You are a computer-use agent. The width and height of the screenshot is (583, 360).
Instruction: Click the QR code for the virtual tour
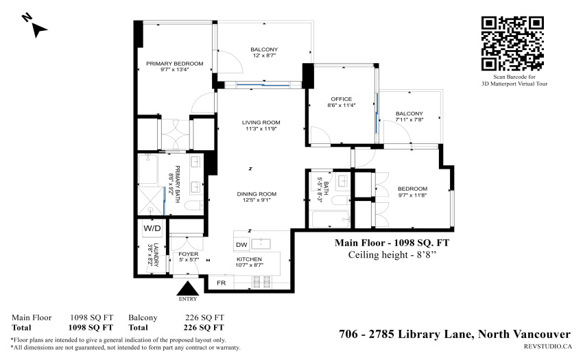click(x=512, y=43)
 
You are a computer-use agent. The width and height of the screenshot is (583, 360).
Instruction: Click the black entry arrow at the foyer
click(x=188, y=288)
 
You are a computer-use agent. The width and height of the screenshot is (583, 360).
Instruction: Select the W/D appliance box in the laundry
click(x=152, y=228)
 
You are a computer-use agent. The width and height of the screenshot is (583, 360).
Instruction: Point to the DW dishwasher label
click(x=241, y=245)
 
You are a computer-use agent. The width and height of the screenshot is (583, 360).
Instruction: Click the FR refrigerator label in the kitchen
click(x=222, y=283)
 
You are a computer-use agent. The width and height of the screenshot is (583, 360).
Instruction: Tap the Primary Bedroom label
click(x=175, y=64)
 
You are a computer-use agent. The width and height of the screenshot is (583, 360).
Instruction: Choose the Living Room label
click(x=261, y=122)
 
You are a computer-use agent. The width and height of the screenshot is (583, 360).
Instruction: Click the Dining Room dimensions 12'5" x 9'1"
click(x=257, y=200)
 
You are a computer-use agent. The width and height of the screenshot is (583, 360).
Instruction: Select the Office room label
click(x=342, y=99)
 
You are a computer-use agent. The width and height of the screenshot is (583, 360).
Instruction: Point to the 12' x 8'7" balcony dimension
click(x=264, y=56)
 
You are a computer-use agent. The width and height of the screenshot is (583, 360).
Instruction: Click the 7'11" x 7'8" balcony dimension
click(x=409, y=120)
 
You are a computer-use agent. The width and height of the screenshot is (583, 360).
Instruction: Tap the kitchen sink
click(x=261, y=244)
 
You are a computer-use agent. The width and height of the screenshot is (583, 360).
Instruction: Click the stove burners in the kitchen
click(x=262, y=282)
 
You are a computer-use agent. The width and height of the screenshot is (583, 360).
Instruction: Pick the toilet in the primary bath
click(x=193, y=206)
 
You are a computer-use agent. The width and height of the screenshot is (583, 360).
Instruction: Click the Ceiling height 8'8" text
click(x=392, y=255)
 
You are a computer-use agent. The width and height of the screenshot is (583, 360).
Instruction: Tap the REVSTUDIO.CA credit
click(x=548, y=346)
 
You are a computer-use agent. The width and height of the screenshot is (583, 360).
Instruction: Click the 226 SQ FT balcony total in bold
click(x=204, y=328)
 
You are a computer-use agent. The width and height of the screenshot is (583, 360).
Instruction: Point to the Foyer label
click(x=189, y=254)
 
